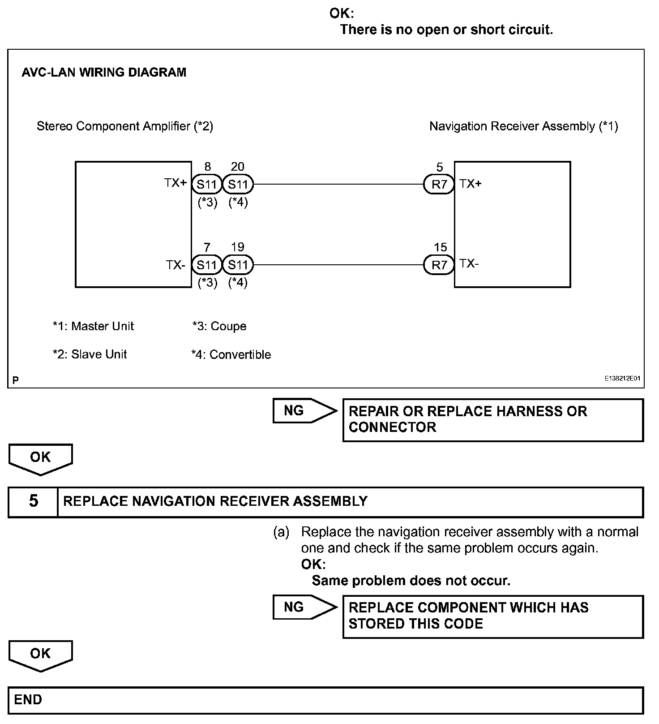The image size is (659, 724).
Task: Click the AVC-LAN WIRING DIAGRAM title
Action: [x=104, y=73]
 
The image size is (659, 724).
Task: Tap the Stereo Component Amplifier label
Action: [x=125, y=126]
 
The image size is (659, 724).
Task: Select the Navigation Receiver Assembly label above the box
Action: [x=523, y=126]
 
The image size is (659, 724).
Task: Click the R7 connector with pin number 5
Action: [x=439, y=184]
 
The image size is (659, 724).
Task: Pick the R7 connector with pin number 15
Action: [x=439, y=265]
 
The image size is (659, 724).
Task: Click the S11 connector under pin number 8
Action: [x=207, y=184]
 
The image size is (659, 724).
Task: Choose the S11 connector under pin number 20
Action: [x=238, y=184]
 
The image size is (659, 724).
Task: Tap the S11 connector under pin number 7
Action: [x=207, y=265]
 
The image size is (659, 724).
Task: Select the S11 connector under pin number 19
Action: [x=238, y=265]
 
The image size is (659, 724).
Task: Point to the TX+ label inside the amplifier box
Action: [x=175, y=183]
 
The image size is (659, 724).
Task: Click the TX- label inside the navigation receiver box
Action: [x=469, y=263]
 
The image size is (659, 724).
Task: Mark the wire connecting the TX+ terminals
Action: [x=338, y=184]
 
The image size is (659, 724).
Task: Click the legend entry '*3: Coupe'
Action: [x=219, y=326]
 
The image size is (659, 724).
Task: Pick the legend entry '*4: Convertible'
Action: [x=231, y=354]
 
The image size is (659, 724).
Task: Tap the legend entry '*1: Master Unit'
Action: [x=93, y=326]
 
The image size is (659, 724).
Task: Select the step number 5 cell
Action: [x=34, y=501]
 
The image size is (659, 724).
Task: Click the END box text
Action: [x=28, y=700]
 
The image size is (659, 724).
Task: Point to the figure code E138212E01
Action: [x=622, y=379]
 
